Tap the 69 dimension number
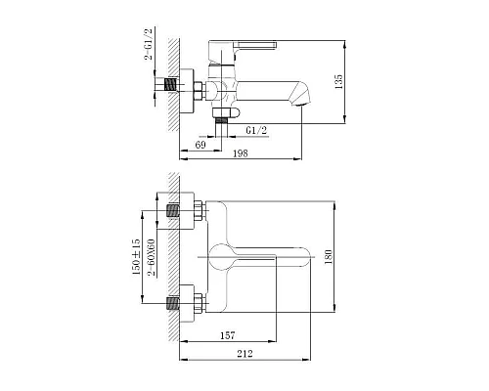pos(200,144)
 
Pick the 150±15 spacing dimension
pos(140,256)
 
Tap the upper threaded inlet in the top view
pos(177,211)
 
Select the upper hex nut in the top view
pos(197,211)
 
